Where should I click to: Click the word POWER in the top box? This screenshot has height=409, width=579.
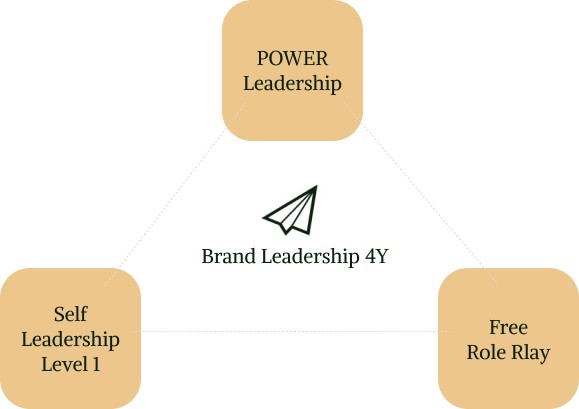(x=292, y=58)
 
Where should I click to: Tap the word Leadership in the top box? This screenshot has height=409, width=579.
(x=292, y=83)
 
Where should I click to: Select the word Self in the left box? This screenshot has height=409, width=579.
(x=71, y=314)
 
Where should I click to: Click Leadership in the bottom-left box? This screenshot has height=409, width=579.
(x=70, y=340)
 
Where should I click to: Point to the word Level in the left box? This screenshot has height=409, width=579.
(x=64, y=364)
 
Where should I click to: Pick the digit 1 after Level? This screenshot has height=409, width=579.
(x=96, y=365)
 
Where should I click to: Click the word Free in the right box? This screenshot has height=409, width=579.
(x=508, y=327)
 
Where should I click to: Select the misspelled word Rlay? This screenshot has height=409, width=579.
(x=530, y=353)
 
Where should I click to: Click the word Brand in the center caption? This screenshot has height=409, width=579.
(x=228, y=256)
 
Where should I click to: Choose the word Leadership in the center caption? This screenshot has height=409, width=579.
(x=310, y=257)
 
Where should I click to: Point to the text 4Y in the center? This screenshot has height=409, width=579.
(x=377, y=256)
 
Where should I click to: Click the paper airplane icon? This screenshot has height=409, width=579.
(x=290, y=210)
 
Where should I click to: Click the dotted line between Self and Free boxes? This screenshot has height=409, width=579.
(x=290, y=331)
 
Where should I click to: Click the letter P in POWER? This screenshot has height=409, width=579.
(x=262, y=58)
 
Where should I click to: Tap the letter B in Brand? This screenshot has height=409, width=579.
(x=208, y=256)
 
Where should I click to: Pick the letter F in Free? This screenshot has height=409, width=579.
(x=495, y=327)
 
